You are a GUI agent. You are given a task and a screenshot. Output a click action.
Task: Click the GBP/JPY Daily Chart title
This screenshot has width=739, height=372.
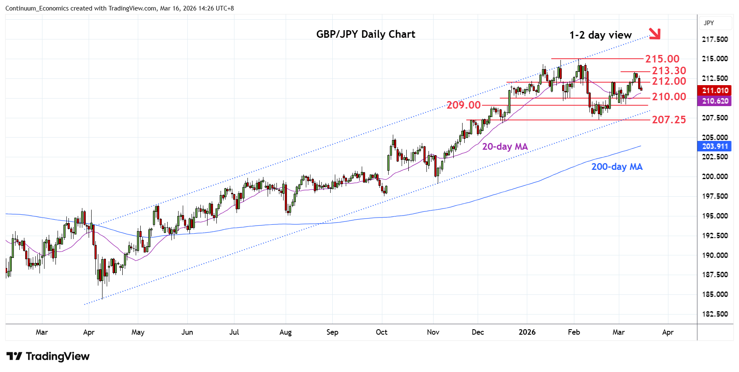pos(366,34)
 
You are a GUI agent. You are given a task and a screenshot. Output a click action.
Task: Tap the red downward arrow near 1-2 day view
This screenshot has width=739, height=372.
pos(655,34)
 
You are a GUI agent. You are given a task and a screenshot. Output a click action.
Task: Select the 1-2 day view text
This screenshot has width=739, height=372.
pos(600,35)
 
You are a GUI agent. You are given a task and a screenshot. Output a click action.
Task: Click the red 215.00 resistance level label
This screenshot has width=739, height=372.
pos(662,59)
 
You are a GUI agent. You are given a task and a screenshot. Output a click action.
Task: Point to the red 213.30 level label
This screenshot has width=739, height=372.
pos(669,71)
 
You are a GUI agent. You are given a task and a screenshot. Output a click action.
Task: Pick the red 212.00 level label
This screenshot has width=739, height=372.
pos(669,81)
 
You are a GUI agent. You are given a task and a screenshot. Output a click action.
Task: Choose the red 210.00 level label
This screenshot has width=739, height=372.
pos(669,97)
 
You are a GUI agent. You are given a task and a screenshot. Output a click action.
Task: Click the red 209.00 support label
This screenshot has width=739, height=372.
pos(463,105)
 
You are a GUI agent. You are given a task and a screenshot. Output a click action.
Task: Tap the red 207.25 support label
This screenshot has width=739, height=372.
pos(669,120)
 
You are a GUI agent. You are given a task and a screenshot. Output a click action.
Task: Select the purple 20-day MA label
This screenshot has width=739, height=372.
pos(505,147)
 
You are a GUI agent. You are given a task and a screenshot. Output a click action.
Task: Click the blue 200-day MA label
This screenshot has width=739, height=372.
pos(617,167)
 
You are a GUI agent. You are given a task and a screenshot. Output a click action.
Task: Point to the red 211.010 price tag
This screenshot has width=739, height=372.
pos(715,91)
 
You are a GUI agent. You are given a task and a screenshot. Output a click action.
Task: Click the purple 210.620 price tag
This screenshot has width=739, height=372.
pos(715,101)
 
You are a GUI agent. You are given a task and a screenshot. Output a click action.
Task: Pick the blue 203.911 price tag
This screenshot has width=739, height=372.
pos(715,146)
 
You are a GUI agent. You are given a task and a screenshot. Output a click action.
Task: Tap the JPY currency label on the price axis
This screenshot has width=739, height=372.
pos(709,23)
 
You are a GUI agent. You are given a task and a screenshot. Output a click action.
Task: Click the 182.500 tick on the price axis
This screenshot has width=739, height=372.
pos(715,314)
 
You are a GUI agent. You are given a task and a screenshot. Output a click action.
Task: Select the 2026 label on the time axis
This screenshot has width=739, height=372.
pos(527,332)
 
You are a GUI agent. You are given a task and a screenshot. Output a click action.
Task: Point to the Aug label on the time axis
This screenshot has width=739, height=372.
pos(285,332)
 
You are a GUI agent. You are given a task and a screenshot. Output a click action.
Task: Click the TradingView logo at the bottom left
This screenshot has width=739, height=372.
pos(48,356)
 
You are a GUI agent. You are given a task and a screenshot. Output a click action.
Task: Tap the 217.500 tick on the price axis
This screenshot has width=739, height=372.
pos(715,39)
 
